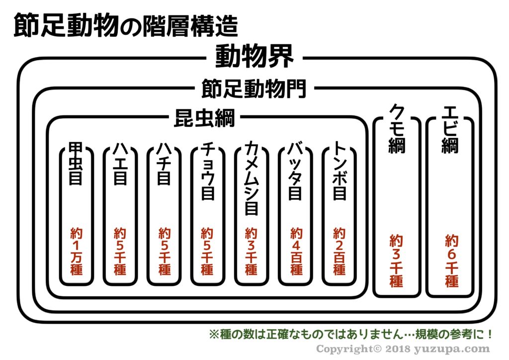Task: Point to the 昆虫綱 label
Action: tap(204, 118)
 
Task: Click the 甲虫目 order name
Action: tap(75, 165)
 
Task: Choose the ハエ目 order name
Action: tap(120, 164)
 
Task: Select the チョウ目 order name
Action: tap(207, 171)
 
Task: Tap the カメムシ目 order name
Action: tap(252, 179)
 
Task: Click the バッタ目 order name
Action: tap(295, 172)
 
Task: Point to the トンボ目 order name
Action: tap(339, 172)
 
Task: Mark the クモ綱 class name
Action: tap(396, 129)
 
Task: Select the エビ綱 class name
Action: tap(450, 129)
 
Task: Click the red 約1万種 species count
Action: tap(76, 252)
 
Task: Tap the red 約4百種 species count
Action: tap(296, 252)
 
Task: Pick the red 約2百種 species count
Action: tap(339, 252)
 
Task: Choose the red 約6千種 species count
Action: tap(451, 261)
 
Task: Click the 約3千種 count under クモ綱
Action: tap(396, 261)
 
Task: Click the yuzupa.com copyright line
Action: tap(403, 349)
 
